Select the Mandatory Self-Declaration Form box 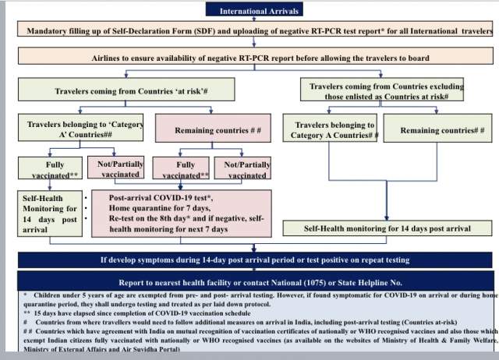(256, 31)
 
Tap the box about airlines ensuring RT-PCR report (256, 58)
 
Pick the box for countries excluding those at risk (386, 92)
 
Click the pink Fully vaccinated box (185, 169)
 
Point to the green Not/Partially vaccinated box (119, 169)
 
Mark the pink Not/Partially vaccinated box (246, 169)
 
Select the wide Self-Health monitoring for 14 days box (387, 228)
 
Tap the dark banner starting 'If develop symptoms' (256, 259)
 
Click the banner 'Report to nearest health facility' (256, 282)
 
